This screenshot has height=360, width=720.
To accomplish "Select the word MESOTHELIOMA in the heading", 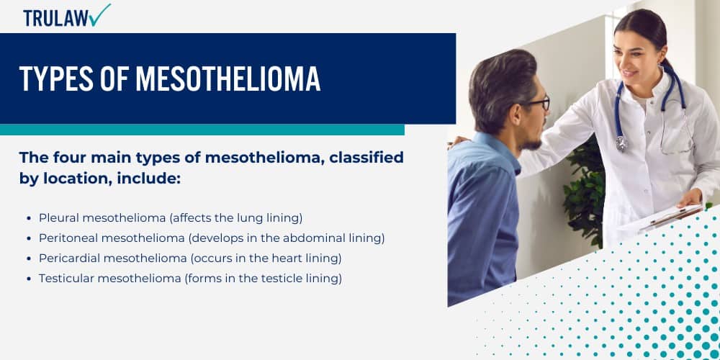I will click(x=228, y=79).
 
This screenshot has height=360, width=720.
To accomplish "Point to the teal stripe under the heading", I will click(x=202, y=130).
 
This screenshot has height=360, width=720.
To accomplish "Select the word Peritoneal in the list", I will click(x=67, y=238).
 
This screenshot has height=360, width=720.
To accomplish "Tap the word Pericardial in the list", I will click(x=68, y=258).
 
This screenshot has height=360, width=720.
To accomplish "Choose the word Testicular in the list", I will click(x=66, y=278).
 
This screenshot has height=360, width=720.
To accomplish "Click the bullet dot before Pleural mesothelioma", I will click(x=29, y=217).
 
